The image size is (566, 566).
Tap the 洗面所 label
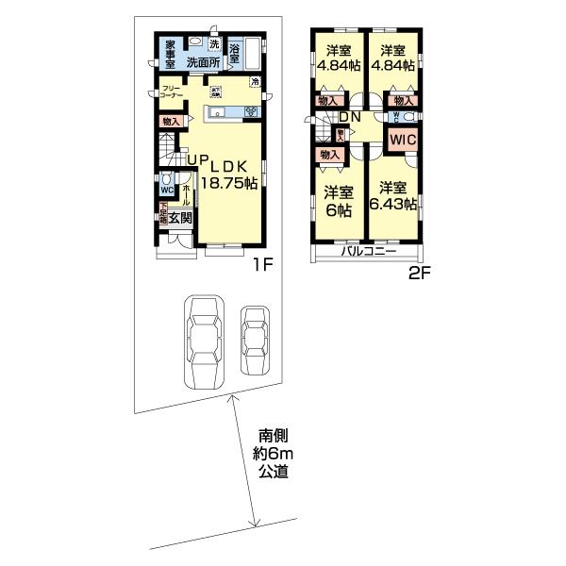click(x=203, y=62)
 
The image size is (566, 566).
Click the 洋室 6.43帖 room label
click(x=395, y=195)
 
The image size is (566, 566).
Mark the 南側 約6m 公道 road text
click(x=274, y=453)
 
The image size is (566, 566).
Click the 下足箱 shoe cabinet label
click(x=162, y=215)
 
